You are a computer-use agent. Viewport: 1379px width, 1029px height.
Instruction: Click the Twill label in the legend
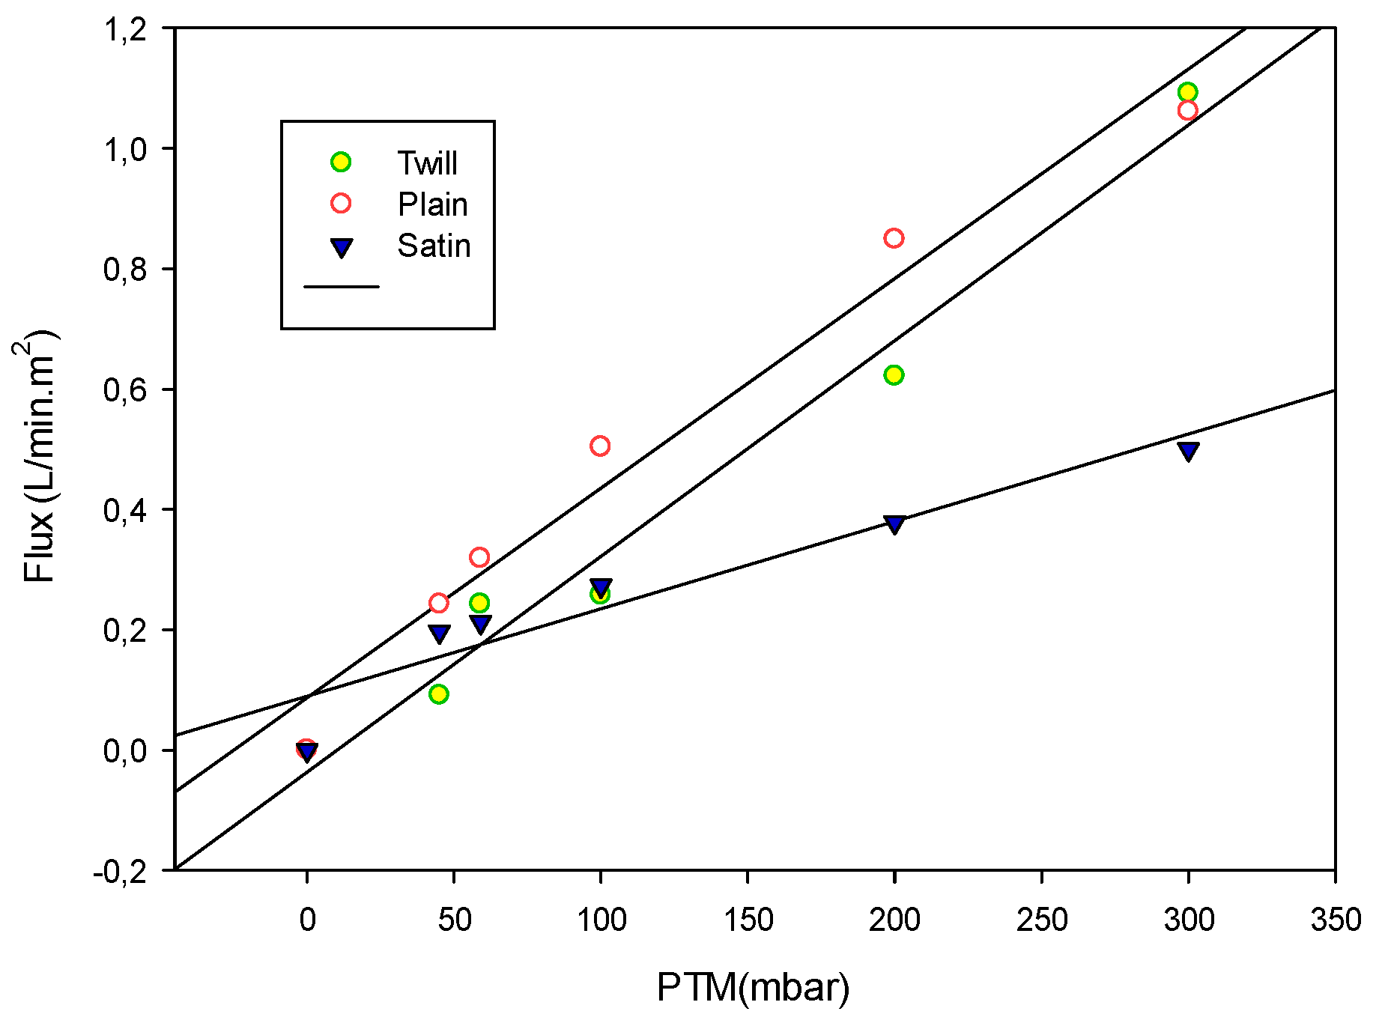tap(427, 163)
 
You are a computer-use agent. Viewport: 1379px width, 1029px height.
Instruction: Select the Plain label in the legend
tap(432, 204)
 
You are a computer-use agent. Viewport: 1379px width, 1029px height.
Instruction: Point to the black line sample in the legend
tap(342, 286)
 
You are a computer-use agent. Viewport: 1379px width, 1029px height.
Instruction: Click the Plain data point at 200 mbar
tap(894, 238)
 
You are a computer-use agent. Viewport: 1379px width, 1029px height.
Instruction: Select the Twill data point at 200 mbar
tap(894, 374)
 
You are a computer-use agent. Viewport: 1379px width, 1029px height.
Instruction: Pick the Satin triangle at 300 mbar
tap(1188, 451)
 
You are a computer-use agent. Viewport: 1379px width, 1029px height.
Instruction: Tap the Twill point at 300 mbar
tap(1187, 92)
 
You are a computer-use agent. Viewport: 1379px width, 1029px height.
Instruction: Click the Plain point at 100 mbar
tap(600, 446)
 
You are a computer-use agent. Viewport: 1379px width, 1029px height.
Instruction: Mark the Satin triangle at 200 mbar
tap(894, 523)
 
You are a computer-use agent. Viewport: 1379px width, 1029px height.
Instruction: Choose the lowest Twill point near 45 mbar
tap(439, 694)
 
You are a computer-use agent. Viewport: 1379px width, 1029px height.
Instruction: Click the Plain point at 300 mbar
tap(1187, 111)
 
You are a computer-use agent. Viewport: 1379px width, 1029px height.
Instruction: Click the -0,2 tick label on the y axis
tap(120, 872)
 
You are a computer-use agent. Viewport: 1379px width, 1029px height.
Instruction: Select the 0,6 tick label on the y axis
tap(124, 390)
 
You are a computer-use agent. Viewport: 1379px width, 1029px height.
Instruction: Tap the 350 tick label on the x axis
tap(1336, 920)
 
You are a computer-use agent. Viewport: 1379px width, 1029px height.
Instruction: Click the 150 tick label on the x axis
tap(748, 920)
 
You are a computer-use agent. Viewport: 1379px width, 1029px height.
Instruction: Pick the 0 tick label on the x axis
tap(307, 920)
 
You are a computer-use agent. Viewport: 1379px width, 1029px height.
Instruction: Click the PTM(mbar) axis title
tap(753, 987)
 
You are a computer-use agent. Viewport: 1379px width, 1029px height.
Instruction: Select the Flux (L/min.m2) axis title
tap(37, 457)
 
